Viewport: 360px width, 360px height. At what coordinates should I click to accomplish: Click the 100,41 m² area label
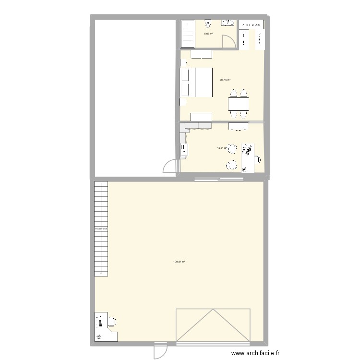tap(179, 262)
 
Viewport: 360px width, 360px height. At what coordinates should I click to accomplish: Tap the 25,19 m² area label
tap(225, 80)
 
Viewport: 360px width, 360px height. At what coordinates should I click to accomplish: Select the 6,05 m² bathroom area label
tap(208, 34)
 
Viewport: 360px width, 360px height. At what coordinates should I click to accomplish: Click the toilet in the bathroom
tap(208, 23)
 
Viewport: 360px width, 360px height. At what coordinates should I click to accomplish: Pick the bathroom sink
tap(227, 22)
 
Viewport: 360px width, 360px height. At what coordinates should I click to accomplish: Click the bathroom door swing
tap(230, 42)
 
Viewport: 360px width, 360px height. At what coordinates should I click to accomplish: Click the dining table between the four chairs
tap(239, 105)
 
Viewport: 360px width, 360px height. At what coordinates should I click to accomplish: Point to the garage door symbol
tap(213, 325)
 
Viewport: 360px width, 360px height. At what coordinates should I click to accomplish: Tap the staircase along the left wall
tap(101, 228)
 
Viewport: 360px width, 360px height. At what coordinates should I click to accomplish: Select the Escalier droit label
tap(101, 229)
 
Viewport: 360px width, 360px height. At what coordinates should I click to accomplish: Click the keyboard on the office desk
tap(248, 149)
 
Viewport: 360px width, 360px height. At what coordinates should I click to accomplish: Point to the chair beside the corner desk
tap(114, 320)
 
